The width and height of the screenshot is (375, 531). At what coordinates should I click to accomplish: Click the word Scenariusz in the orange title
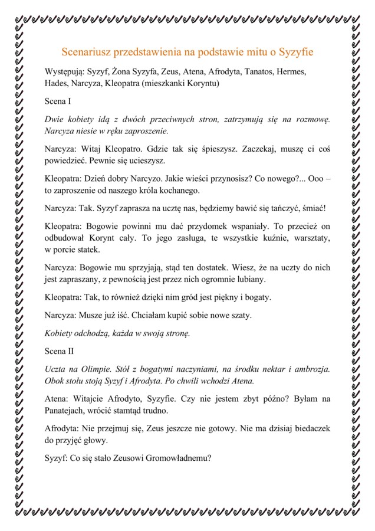(x=87, y=52)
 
